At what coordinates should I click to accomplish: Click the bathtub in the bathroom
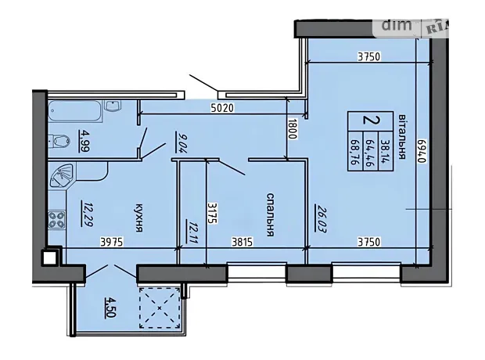[74, 111]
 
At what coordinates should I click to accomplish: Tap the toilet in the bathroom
[61, 141]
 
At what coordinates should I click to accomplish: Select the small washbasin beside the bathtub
[113, 106]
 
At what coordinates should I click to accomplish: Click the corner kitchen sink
[61, 175]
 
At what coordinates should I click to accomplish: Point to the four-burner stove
[57, 219]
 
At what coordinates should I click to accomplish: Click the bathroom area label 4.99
[84, 141]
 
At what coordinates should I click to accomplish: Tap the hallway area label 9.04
[179, 142]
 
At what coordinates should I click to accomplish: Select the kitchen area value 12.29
[86, 214]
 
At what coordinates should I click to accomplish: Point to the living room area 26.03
[320, 218]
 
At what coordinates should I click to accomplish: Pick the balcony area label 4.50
[110, 308]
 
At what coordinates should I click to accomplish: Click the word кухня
[139, 218]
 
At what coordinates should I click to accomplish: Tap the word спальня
[271, 214]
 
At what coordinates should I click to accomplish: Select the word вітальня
[401, 136]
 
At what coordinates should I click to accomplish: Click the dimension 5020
[222, 108]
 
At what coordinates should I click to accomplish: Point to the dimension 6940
[423, 151]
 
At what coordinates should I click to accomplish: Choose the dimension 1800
[293, 129]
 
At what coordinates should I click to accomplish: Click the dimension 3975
[112, 242]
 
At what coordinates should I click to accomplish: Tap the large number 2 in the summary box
[371, 120]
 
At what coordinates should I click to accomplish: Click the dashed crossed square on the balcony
[160, 308]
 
